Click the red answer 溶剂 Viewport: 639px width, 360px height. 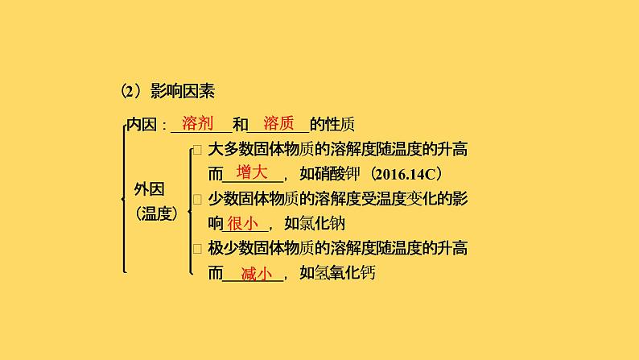point(197,123)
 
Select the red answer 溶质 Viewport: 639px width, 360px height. point(278,123)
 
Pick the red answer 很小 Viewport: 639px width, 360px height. point(242,223)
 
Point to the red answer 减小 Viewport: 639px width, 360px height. point(256,273)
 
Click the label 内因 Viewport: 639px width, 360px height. point(144,125)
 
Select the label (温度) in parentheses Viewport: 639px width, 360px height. point(156,214)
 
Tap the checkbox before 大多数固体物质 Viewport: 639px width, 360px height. point(197,150)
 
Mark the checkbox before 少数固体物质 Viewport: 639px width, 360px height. point(197,199)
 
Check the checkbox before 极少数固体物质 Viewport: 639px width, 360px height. point(197,248)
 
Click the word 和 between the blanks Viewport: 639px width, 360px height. point(239,125)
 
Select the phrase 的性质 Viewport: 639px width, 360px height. point(332,125)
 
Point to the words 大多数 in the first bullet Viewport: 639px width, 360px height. point(233,150)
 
